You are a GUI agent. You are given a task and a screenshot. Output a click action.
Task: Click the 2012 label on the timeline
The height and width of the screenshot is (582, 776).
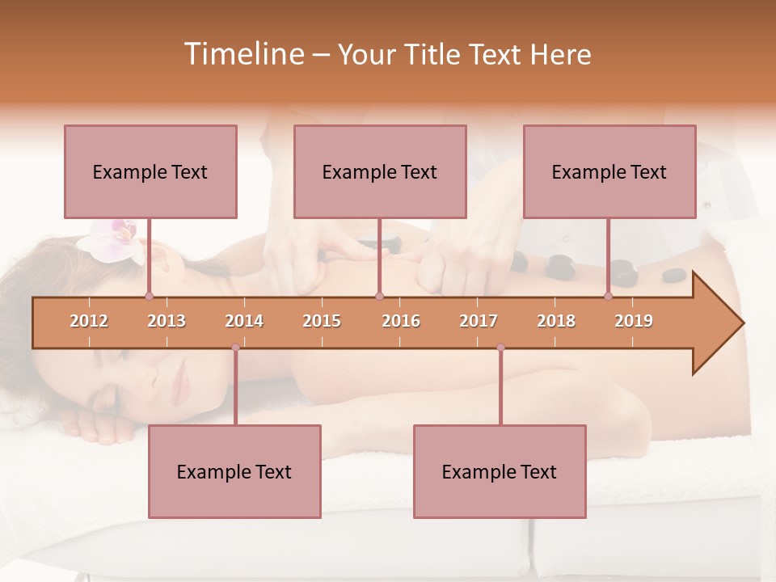tap(89, 321)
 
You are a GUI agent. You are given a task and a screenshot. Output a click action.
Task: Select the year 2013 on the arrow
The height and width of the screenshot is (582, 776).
tap(167, 321)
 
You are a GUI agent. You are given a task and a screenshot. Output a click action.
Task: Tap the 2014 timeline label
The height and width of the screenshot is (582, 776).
tap(244, 321)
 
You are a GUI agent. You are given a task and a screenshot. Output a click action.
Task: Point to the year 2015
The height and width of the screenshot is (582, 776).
tap(322, 321)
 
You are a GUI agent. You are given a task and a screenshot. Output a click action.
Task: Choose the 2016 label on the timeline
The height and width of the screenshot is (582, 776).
tap(401, 321)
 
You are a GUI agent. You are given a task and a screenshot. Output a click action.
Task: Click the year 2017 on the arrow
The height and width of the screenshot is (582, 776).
tap(479, 321)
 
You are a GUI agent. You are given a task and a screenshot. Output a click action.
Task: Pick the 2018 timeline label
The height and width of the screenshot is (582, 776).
tap(556, 321)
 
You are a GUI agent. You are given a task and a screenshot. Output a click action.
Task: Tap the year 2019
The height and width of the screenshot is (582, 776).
tap(634, 321)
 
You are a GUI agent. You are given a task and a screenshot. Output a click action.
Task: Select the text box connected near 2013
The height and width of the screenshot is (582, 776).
tap(150, 171)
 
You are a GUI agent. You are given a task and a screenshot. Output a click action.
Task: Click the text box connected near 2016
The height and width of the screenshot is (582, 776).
tap(380, 171)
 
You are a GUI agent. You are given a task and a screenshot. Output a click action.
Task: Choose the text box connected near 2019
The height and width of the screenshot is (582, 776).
tap(609, 171)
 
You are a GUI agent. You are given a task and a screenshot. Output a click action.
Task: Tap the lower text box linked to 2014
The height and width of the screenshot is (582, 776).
tap(234, 471)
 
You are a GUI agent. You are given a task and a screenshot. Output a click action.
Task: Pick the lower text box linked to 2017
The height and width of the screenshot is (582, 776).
tap(500, 471)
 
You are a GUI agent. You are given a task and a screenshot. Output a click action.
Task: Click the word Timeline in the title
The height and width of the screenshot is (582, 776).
tap(242, 54)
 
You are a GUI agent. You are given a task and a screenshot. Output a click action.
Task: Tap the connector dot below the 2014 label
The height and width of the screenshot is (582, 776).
tap(235, 348)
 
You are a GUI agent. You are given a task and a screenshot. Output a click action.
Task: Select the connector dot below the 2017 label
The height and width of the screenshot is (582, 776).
tap(500, 348)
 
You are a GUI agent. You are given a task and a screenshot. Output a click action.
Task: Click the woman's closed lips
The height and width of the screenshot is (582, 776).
tap(179, 374)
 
